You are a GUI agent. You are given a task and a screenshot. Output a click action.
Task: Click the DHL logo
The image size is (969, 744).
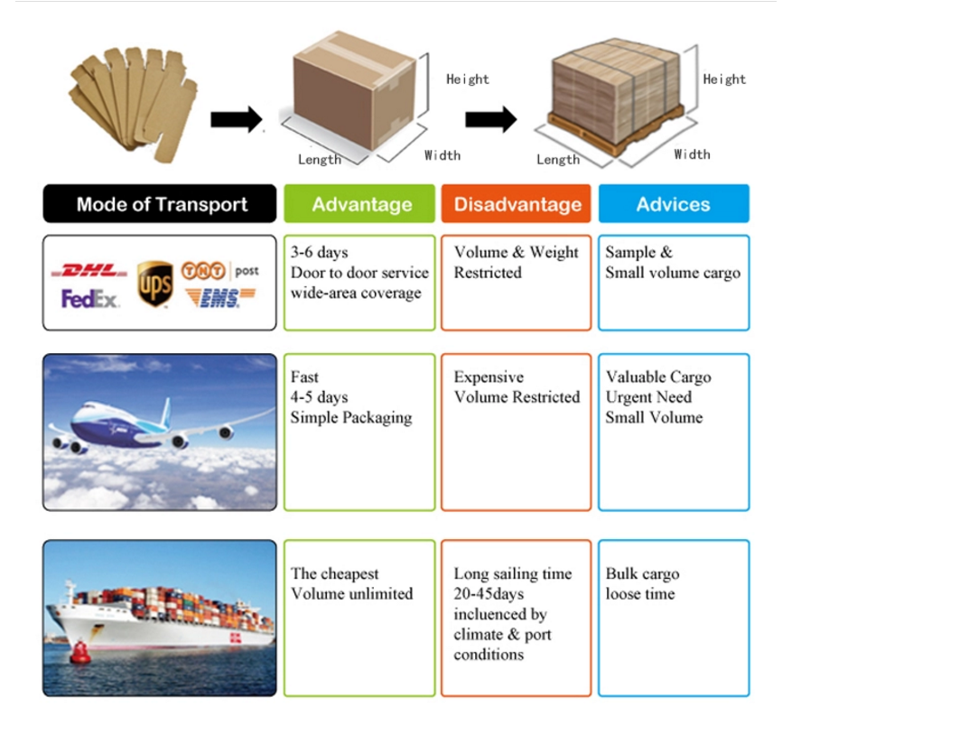(x=89, y=270)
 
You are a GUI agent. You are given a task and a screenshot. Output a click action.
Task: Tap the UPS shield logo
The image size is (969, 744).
(x=155, y=284)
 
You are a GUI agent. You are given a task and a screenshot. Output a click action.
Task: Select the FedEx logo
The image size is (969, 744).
(x=89, y=299)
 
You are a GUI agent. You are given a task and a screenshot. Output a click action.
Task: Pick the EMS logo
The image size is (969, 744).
(x=219, y=299)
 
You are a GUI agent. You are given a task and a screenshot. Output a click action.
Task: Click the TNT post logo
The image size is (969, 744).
(x=219, y=271)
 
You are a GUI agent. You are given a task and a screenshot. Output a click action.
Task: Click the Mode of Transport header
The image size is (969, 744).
(x=160, y=204)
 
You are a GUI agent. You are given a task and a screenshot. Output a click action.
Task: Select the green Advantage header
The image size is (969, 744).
(x=360, y=204)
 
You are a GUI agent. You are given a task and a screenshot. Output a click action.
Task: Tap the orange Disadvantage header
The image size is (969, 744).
(x=517, y=204)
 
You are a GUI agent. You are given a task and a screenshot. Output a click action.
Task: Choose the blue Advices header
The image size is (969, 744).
(x=673, y=204)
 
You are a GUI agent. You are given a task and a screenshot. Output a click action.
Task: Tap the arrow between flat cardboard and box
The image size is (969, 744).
(x=236, y=119)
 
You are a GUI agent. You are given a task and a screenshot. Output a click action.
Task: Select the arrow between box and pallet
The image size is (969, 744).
(x=490, y=119)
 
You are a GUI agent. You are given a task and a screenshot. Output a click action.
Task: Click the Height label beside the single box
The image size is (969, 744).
(x=467, y=79)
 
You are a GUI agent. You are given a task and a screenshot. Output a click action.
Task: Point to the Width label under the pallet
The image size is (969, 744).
(x=692, y=154)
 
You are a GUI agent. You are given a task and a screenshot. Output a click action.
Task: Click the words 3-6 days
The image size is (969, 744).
(x=319, y=253)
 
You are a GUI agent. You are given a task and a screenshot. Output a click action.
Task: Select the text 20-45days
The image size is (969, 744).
(x=489, y=594)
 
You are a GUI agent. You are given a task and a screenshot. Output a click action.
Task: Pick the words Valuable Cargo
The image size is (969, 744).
(x=657, y=377)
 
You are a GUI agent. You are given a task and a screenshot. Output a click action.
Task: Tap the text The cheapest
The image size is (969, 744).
(x=334, y=574)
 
